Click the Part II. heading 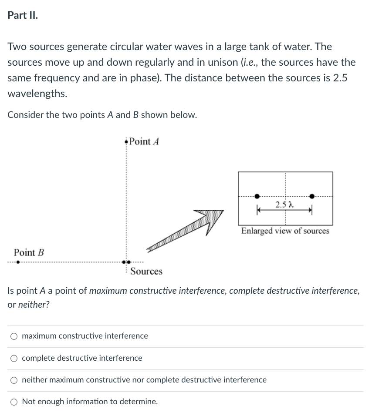pos(23,15)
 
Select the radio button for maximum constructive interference pos(14,336)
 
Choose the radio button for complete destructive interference pos(14,358)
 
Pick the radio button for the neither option pos(14,380)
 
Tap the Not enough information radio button pos(14,402)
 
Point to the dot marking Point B pos(17,262)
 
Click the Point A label pos(145,141)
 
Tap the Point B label pos(29,252)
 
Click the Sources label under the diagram pos(146,272)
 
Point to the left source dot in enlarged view pos(257,196)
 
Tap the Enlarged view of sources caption pos(285,231)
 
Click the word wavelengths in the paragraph pos(37,94)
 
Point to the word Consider pos(24,115)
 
